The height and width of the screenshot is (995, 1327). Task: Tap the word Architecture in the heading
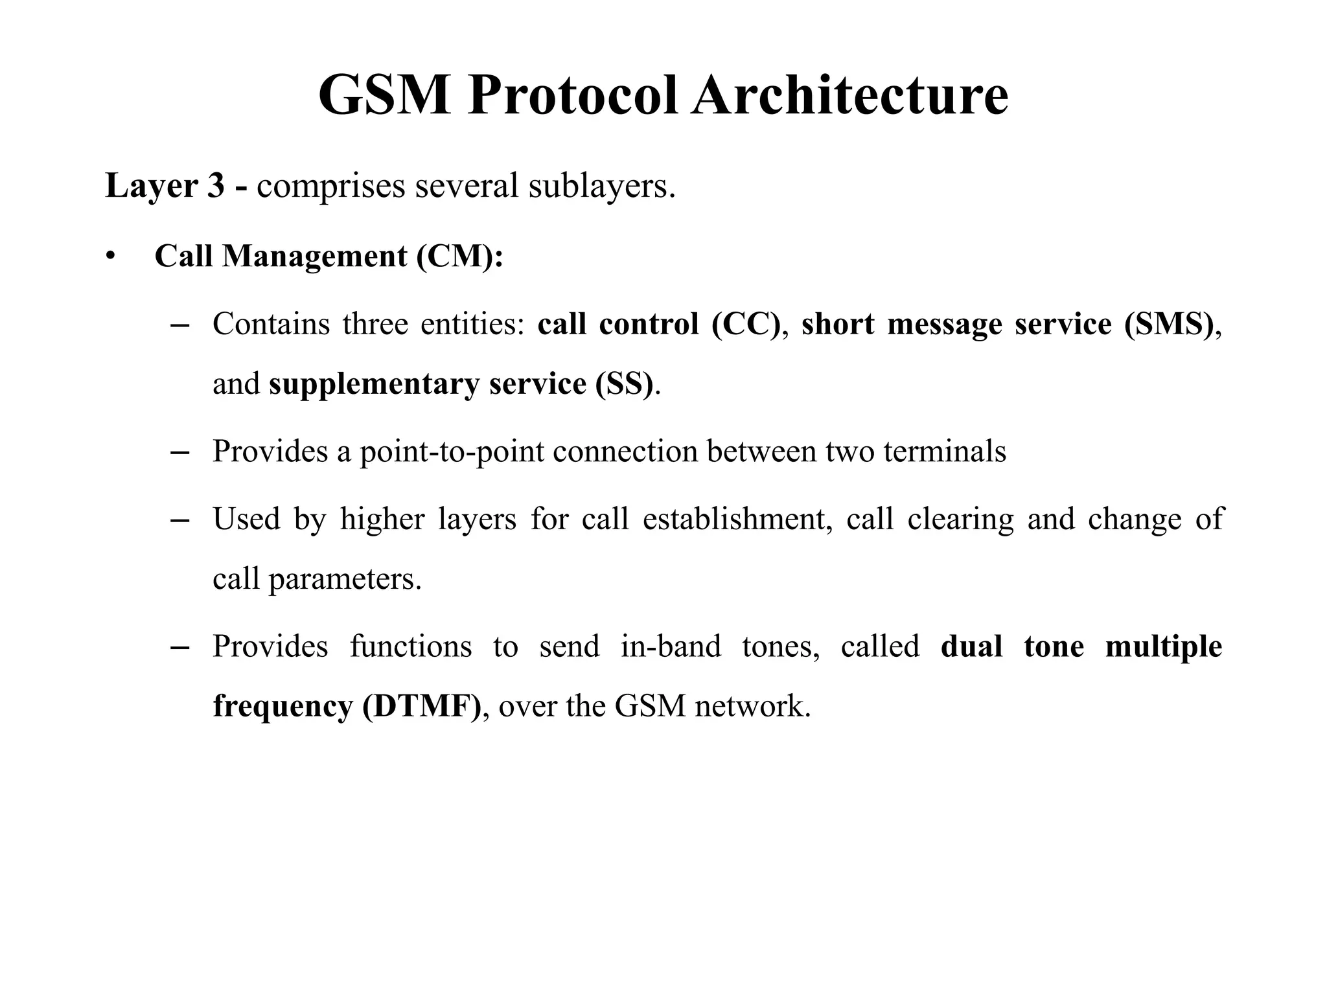(x=849, y=96)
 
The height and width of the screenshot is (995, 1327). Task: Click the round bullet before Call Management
(x=111, y=257)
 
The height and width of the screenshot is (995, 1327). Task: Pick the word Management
(x=315, y=257)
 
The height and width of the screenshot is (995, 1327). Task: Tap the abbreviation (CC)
(x=746, y=324)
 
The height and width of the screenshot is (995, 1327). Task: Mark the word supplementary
(x=374, y=385)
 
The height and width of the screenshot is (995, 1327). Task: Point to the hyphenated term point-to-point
(x=452, y=452)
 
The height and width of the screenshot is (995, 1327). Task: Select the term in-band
(x=671, y=646)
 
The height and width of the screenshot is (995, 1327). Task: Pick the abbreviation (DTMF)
(x=421, y=706)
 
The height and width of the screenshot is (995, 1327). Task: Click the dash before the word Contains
(x=178, y=325)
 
